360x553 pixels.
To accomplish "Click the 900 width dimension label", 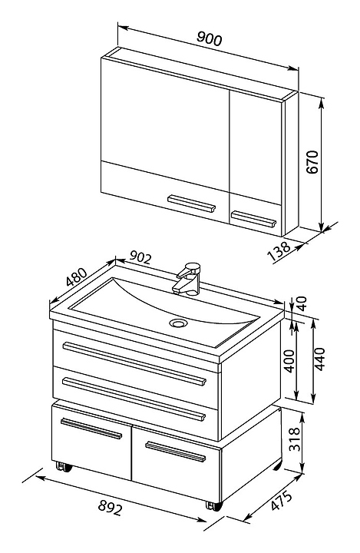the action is click(x=209, y=38).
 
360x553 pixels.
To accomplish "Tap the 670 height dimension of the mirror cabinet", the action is click(x=312, y=162).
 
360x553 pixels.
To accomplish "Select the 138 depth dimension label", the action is click(x=279, y=250).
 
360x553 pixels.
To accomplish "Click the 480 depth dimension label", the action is click(x=77, y=277).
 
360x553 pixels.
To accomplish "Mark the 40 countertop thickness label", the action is click(x=302, y=303).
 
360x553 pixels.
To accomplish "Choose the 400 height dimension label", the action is click(x=289, y=361).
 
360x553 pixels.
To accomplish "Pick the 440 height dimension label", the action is click(x=319, y=359).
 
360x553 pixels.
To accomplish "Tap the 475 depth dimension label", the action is click(x=282, y=501).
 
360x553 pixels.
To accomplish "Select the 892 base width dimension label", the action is click(x=110, y=508).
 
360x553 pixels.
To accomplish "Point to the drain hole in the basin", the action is click(x=178, y=323).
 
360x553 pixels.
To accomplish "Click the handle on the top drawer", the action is click(x=134, y=363).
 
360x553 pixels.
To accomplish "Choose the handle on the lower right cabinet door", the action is click(x=176, y=452).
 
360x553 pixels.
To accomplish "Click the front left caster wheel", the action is click(x=64, y=467).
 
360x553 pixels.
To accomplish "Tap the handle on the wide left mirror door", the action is click(x=191, y=204).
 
